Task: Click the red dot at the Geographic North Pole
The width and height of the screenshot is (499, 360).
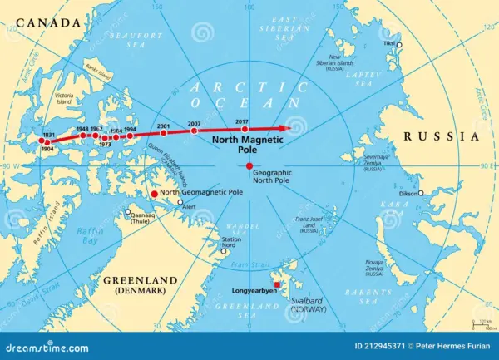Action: [x=249, y=166]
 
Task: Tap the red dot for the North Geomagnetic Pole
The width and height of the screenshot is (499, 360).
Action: [x=153, y=194]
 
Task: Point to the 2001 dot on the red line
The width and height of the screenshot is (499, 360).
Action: [x=163, y=134]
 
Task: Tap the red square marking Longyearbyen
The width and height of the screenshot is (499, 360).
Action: [x=278, y=284]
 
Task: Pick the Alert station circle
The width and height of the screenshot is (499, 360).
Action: [x=180, y=202]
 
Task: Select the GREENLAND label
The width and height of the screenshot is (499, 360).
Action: [x=136, y=281]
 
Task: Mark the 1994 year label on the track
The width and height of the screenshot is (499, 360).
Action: [x=130, y=130]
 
